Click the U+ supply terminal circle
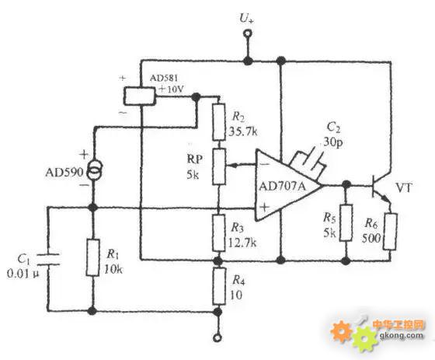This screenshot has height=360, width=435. point(247,34)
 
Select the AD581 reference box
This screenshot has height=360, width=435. point(139,96)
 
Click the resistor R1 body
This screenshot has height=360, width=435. point(92,257)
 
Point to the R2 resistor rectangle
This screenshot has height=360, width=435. point(218,122)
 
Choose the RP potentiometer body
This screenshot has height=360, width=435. point(219,166)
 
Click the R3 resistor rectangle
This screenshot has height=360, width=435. point(218,232)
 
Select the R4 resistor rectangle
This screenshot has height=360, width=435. point(219,286)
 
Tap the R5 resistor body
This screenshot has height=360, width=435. point(346,223)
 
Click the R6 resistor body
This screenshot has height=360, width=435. point(390,232)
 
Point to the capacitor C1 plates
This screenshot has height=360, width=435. point(48,259)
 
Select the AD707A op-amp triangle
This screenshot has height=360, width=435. point(288,185)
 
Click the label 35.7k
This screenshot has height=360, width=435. point(243,131)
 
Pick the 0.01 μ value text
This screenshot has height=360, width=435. point(23,274)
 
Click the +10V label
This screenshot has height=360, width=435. point(172,89)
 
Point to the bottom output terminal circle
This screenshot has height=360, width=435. point(217,338)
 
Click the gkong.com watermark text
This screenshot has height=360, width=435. point(401,335)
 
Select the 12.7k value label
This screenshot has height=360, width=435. point(242,243)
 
